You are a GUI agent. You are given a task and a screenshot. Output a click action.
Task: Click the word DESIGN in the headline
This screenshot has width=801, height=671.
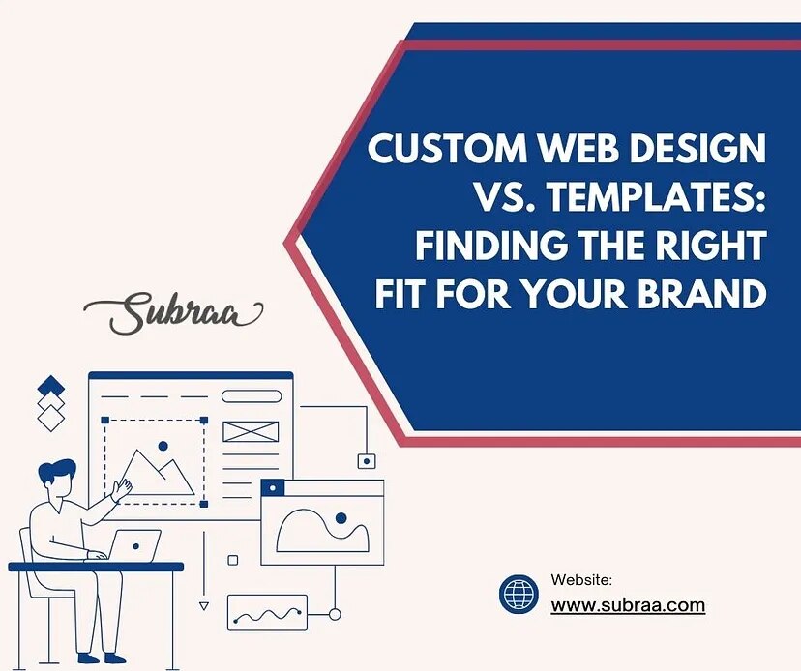(x=694, y=152)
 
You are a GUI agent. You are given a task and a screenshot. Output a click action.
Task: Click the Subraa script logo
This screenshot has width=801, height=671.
(x=173, y=313)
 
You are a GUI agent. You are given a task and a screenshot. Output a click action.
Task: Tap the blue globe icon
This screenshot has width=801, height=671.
(x=519, y=594)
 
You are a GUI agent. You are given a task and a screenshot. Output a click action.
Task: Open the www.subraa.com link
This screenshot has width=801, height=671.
(x=628, y=607)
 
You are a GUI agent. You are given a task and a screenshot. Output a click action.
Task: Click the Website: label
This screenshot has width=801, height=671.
(x=581, y=580)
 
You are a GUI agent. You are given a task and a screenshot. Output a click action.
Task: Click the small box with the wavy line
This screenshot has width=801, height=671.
(x=267, y=613)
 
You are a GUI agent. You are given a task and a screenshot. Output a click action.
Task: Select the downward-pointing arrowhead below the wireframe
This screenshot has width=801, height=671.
(x=203, y=606)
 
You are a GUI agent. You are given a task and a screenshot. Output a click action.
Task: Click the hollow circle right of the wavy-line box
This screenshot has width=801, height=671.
(x=335, y=614)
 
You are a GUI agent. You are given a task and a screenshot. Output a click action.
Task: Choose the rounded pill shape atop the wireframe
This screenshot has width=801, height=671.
(x=252, y=396)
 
